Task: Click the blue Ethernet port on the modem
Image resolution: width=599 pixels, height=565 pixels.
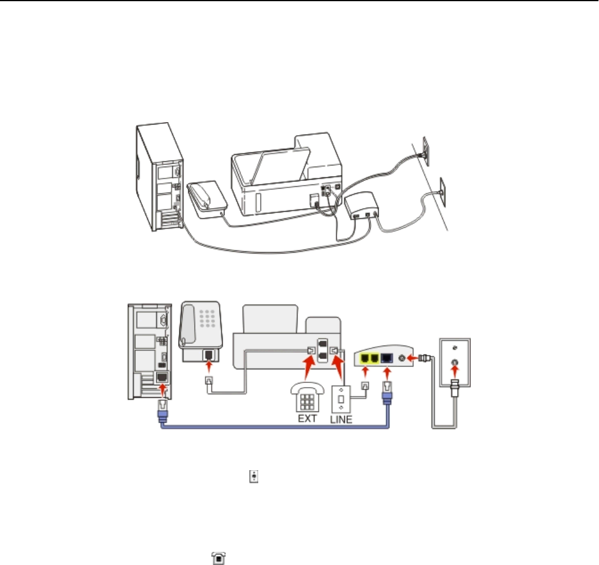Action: point(386,357)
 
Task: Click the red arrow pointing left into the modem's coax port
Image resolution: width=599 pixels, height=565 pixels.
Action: point(414,358)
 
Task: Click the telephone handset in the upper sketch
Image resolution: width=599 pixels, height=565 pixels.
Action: point(204,194)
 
